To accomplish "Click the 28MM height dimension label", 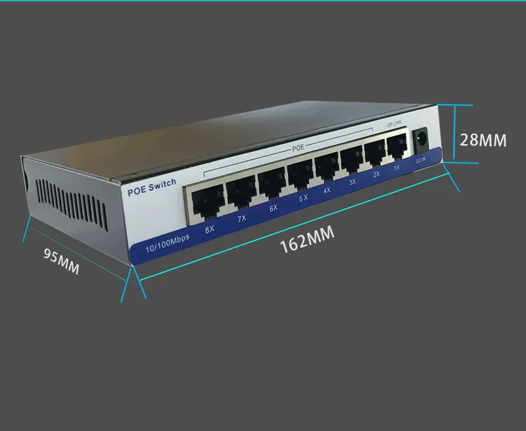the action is (x=483, y=140).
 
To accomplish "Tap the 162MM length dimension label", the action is (x=307, y=239).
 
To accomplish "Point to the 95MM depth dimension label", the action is (x=61, y=261).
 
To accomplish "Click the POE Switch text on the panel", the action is (x=152, y=188).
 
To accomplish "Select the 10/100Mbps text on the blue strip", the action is (x=168, y=243).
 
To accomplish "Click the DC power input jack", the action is (x=421, y=138).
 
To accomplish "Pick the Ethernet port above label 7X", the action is (x=241, y=192).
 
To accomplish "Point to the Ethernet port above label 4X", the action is (x=326, y=167).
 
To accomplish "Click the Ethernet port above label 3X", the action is (x=351, y=160).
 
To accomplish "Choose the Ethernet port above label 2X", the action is (x=375, y=153).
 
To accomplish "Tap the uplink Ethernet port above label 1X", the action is (x=397, y=146).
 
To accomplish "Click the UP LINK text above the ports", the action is (x=394, y=124).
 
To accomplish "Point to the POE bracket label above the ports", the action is (x=298, y=147).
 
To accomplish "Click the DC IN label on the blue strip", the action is (x=421, y=161).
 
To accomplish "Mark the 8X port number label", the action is (x=209, y=230).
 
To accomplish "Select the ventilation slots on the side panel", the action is (x=72, y=205).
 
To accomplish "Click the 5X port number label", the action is (x=303, y=198).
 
